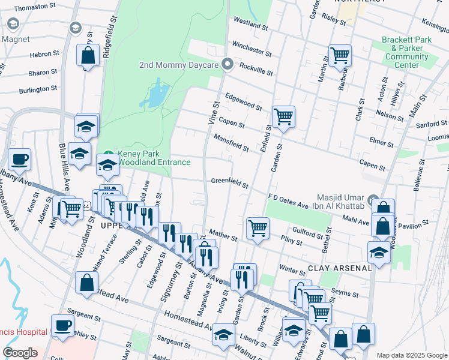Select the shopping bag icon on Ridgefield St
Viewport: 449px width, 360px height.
(88, 56)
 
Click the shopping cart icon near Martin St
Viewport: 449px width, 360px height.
(340, 55)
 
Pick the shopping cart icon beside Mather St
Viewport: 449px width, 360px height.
(258, 228)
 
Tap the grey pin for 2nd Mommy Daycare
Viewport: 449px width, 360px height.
(228, 64)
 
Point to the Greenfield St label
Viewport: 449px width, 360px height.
(229, 182)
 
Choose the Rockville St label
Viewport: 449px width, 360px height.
(256, 69)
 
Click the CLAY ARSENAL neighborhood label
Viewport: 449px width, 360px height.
(340, 268)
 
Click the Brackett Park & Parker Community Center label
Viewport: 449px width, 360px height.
(411, 52)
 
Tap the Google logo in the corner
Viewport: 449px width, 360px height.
(20, 353)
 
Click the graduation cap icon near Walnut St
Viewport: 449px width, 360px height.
(223, 335)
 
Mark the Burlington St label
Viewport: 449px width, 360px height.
(38, 89)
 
